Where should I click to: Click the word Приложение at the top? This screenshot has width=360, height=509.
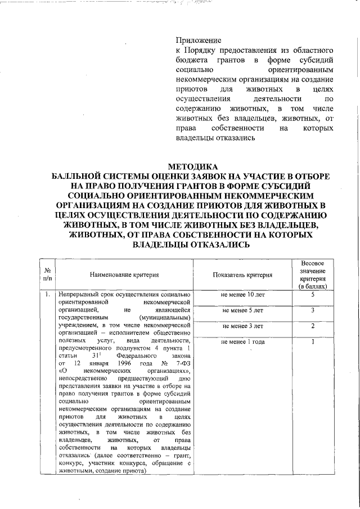tap(198, 40)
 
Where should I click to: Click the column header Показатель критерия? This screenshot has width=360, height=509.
tap(242, 275)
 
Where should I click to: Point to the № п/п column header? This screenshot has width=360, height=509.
tap(47, 275)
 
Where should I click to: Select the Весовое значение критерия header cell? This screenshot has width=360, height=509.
tap(313, 275)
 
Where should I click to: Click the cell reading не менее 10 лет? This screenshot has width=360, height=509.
tap(242, 295)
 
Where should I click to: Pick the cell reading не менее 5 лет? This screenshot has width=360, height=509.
tap(242, 310)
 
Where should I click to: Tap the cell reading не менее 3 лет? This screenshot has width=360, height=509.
tap(242, 326)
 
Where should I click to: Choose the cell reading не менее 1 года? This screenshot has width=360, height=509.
tap(242, 341)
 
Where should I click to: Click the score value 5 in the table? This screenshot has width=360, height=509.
tap(313, 295)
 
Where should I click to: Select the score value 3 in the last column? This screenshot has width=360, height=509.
tap(313, 310)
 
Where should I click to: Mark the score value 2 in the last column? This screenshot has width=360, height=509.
tap(313, 326)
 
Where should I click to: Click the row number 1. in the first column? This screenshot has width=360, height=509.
tap(47, 295)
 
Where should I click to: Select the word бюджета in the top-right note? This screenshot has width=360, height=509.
tap(191, 59)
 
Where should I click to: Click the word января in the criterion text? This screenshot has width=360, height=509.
tap(87, 364)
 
